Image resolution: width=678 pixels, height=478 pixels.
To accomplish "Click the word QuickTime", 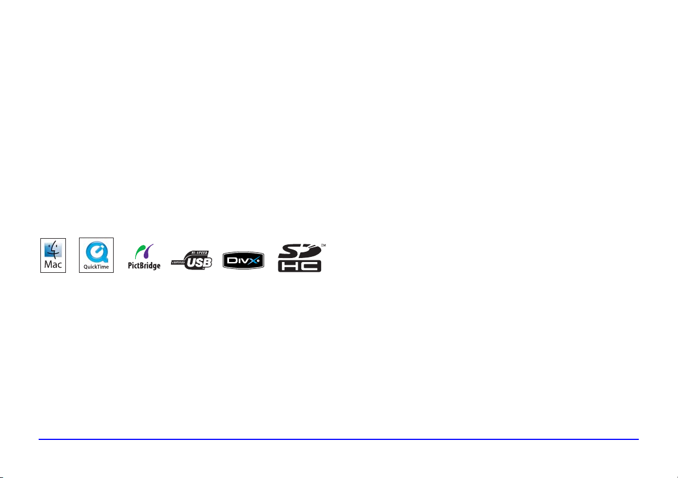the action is tap(96, 267).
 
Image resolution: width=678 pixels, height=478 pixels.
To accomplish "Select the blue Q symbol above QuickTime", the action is tap(96, 251).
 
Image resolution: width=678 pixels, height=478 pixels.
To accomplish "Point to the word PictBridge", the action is tap(144, 265).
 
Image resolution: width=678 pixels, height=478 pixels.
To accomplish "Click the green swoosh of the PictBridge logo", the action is tap(139, 251).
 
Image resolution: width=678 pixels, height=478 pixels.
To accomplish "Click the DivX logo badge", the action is tap(244, 261).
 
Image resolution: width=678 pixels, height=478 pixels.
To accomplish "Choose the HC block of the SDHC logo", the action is tap(300, 266).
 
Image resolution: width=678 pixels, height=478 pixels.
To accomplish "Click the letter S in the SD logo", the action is tap(288, 251).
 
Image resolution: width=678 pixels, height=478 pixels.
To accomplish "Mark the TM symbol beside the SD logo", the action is tap(324, 246).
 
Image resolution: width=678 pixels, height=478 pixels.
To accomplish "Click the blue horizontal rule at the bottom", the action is tap(339, 439).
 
